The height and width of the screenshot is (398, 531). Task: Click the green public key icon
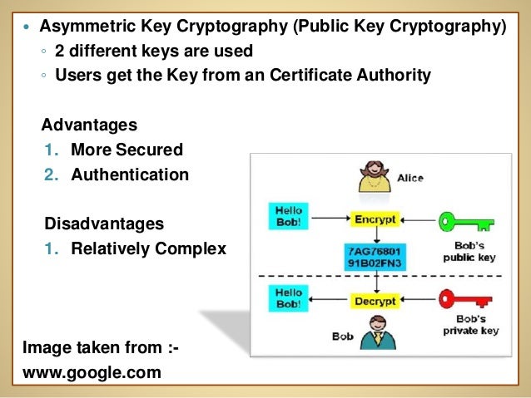[465, 221]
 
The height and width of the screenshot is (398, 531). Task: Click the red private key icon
[465, 297]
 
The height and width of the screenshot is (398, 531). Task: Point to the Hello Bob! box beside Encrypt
[289, 216]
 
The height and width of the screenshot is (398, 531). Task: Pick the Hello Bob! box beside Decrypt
[289, 297]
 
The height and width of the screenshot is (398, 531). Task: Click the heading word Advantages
[89, 125]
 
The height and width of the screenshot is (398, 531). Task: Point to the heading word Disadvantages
[103, 224]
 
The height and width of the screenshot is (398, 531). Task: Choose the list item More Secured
[127, 150]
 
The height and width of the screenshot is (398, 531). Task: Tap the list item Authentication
[130, 175]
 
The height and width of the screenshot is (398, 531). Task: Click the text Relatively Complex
[148, 248]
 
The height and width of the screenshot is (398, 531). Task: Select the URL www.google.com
[92, 372]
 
